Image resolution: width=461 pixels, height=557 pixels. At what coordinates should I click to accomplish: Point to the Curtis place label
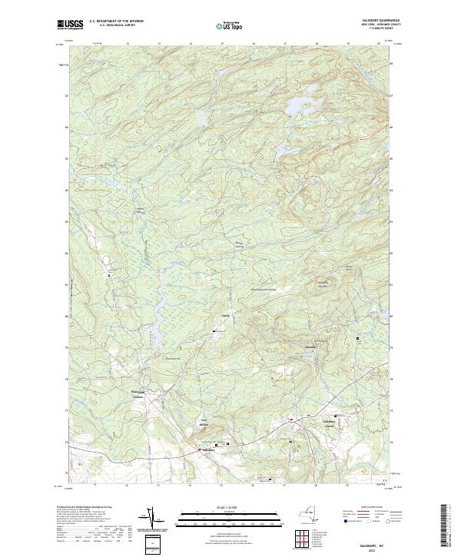[226, 316]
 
